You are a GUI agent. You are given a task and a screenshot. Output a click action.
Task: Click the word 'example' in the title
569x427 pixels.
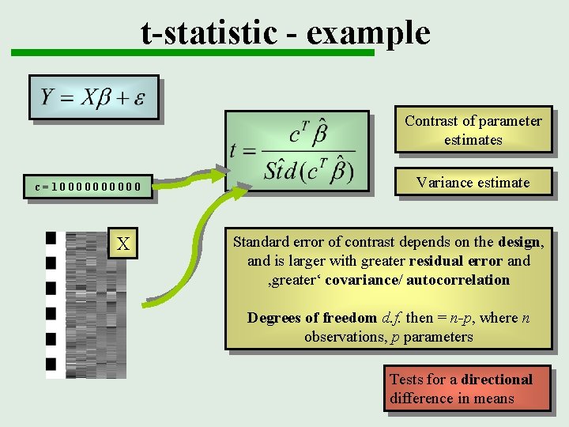tap(368, 33)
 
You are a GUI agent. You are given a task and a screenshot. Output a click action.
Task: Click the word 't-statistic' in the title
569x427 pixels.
tap(209, 33)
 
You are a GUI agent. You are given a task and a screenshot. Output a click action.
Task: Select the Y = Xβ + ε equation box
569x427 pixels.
tap(94, 97)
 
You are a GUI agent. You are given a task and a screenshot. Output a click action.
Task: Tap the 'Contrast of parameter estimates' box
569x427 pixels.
tap(473, 130)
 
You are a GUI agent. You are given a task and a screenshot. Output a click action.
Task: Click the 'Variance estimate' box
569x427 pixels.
tap(473, 183)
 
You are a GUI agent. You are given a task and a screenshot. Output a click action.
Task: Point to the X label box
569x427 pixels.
tap(123, 244)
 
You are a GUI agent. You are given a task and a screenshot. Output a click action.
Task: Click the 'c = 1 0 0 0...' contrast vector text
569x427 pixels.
tap(93, 187)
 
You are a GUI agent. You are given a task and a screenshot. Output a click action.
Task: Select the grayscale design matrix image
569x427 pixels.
tap(83, 304)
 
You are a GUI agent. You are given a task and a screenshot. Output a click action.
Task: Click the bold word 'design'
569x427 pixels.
tap(519, 242)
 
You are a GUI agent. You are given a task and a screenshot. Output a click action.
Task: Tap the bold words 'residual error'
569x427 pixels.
tap(456, 261)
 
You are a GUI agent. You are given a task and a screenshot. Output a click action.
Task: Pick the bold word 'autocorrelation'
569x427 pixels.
tap(458, 280)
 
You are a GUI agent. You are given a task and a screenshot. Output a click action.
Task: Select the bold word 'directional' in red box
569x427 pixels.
tap(497, 380)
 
